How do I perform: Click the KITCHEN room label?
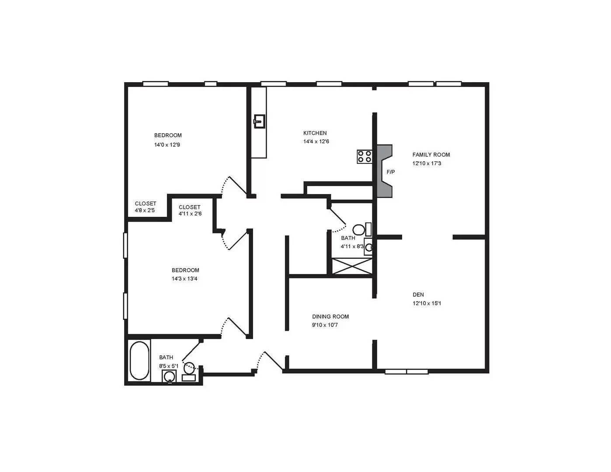315,133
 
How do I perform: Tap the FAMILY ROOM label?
431,155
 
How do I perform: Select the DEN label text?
418,295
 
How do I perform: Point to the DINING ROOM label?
330,316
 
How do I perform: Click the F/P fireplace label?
391,172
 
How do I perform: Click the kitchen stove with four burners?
365,156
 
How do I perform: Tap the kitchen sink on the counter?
260,121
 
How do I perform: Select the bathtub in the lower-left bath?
139,361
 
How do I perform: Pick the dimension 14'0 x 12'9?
167,145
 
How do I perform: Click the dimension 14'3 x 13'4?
185,279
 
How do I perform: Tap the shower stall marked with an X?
352,267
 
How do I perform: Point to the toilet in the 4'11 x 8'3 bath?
359,229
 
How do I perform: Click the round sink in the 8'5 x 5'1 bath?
169,376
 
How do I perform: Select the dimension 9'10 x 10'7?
325,325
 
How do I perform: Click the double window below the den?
406,372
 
